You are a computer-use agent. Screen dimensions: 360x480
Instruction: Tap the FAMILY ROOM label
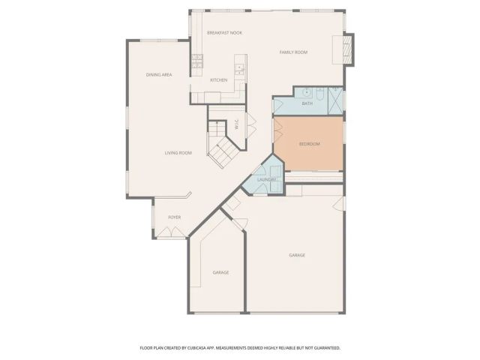pyautogui.click(x=294, y=52)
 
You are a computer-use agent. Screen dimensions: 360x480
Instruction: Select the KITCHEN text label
pyautogui.click(x=218, y=80)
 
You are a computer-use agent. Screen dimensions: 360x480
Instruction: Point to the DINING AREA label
pyautogui.click(x=159, y=75)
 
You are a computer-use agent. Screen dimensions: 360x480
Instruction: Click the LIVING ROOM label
pyautogui.click(x=178, y=153)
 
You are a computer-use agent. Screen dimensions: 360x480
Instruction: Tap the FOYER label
pyautogui.click(x=174, y=217)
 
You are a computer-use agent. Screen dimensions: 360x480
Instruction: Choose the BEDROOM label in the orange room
pyautogui.click(x=310, y=144)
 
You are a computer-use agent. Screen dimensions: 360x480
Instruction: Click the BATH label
pyautogui.click(x=307, y=103)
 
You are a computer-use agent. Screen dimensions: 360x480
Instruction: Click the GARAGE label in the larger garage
pyautogui.click(x=297, y=255)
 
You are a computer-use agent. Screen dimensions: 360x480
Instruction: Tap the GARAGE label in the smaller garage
pyautogui.click(x=220, y=272)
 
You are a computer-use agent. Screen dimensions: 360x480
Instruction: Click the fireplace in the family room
pyautogui.click(x=346, y=51)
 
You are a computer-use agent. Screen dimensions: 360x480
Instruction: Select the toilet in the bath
pyautogui.click(x=319, y=94)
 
